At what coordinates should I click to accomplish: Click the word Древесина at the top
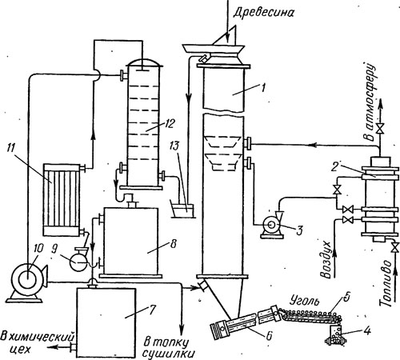[263, 13]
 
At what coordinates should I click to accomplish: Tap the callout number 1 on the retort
[263, 87]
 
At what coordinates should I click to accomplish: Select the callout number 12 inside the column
[169, 123]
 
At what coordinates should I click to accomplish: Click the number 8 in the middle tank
[173, 244]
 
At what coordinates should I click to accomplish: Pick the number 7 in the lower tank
[152, 310]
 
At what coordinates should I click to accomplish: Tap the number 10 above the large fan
[38, 249]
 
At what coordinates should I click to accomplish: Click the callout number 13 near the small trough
[175, 146]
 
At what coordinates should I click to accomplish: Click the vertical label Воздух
[326, 259]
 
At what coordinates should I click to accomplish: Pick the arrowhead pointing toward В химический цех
[51, 346]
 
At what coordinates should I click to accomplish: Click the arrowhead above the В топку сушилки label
[182, 327]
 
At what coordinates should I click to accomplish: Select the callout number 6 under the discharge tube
[269, 335]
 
